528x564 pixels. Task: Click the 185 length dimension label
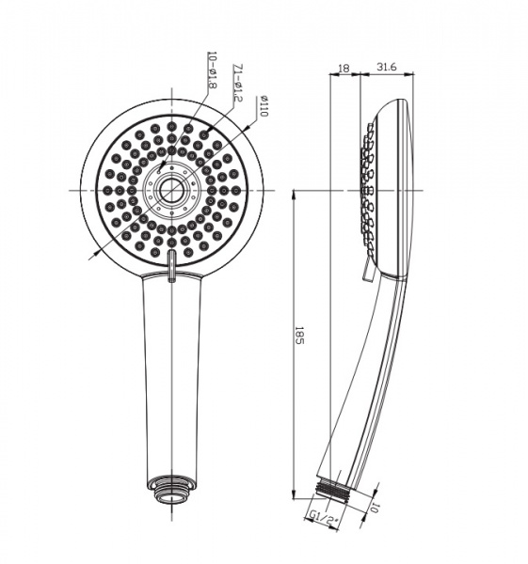(x=299, y=336)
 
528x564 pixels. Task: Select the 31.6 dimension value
(x=387, y=67)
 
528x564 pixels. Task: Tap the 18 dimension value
(x=344, y=68)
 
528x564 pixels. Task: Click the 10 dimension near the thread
(x=375, y=509)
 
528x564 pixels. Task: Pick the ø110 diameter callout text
(x=264, y=106)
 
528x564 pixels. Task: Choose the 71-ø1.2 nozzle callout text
(x=238, y=83)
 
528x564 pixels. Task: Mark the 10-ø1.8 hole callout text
(x=212, y=70)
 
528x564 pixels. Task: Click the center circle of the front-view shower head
(x=171, y=190)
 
